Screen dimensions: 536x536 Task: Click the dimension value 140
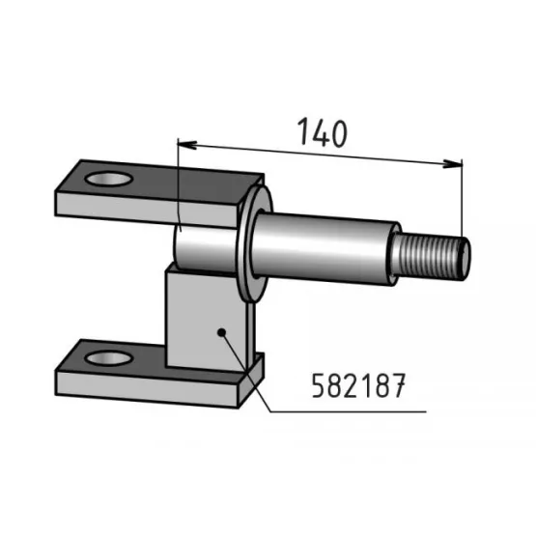[323, 132]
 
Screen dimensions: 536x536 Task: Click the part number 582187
[358, 385]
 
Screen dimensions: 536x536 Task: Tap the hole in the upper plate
[109, 179]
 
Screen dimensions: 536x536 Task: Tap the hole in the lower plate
[109, 358]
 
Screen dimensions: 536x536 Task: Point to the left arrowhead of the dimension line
[187, 145]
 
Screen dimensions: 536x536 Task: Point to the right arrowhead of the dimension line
[452, 163]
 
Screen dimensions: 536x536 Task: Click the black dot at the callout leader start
[221, 332]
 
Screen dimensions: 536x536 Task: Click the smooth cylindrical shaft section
[324, 249]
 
